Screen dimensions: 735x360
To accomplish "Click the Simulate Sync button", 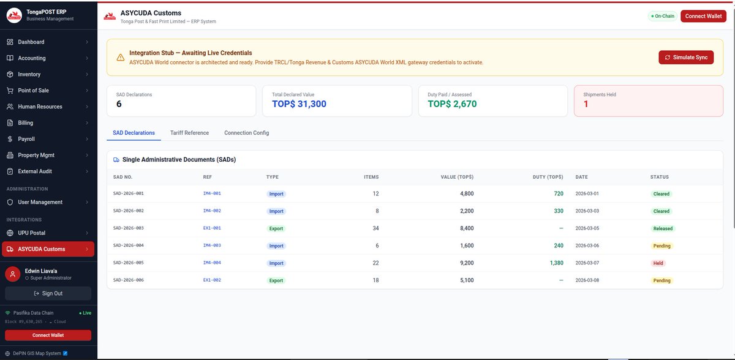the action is tap(686, 58).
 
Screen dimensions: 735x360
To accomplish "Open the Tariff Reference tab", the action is tap(189, 133).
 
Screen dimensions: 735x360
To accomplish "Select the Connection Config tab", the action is tap(246, 133).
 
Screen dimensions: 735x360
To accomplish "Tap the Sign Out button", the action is tap(48, 293).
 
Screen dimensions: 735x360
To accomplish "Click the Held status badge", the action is tap(658, 263).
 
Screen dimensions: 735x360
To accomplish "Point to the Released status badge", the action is tap(663, 228).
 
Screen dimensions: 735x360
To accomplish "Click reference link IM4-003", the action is tap(212, 246).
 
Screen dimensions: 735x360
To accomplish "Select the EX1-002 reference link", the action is tap(212, 280).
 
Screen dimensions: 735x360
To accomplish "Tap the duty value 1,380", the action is tap(557, 263).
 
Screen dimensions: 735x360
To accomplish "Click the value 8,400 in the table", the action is tap(467, 228).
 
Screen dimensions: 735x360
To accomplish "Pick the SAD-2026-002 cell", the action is tap(128, 211).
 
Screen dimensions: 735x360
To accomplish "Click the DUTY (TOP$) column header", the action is tap(548, 177).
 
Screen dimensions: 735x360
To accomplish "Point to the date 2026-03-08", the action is tap(587, 280).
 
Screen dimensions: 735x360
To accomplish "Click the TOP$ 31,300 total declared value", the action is tap(299, 104).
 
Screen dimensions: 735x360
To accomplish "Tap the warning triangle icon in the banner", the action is tap(121, 58).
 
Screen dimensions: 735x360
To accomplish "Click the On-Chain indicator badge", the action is tap(663, 16).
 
